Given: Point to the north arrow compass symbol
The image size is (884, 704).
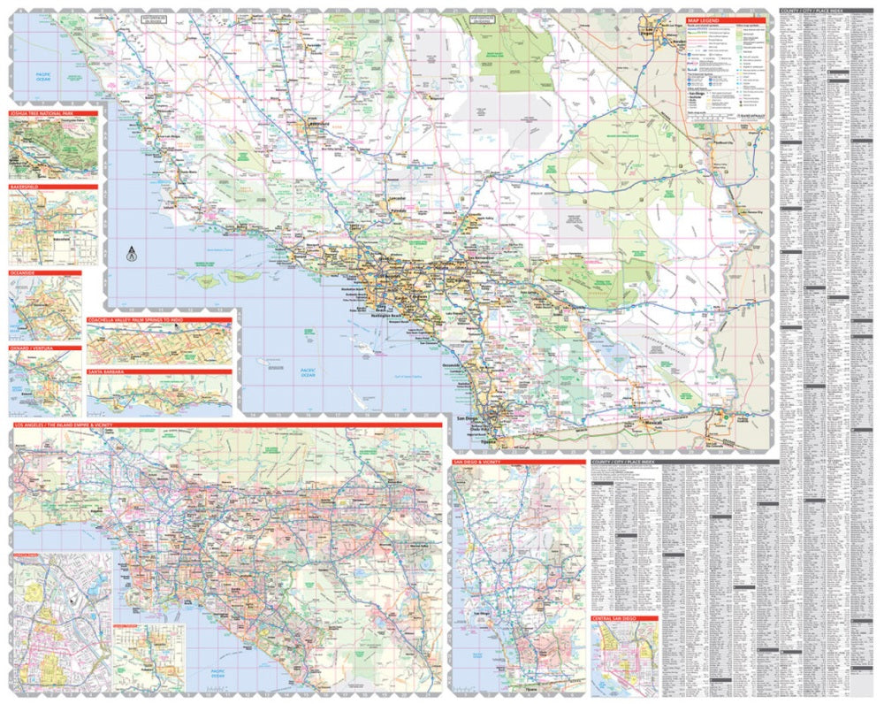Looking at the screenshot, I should click(131, 254).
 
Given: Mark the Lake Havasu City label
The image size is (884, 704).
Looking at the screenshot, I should click(753, 213).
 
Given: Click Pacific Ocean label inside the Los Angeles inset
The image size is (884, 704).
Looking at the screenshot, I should click(219, 672).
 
